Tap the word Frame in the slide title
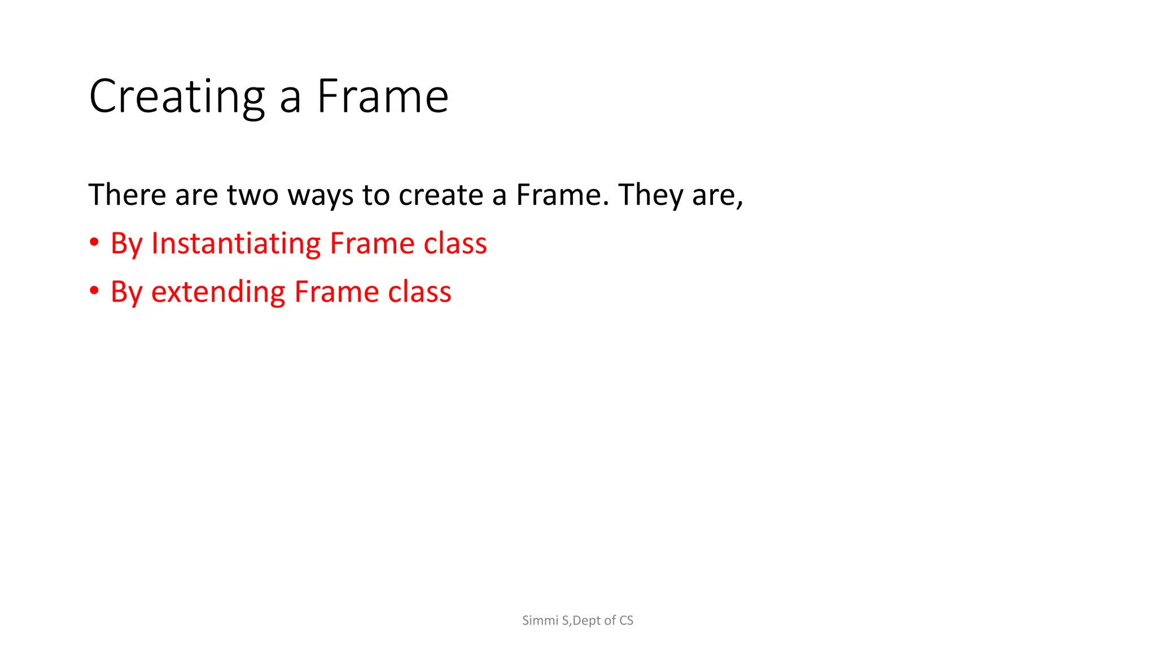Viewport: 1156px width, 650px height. coord(383,97)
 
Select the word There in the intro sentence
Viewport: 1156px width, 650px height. coord(127,195)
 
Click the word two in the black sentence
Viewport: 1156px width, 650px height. coord(252,195)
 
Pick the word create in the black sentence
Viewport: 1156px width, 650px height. coord(441,195)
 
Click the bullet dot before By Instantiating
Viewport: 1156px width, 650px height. coord(94,243)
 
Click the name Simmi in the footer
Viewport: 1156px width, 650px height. coord(540,621)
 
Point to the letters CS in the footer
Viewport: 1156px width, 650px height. coord(626,621)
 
